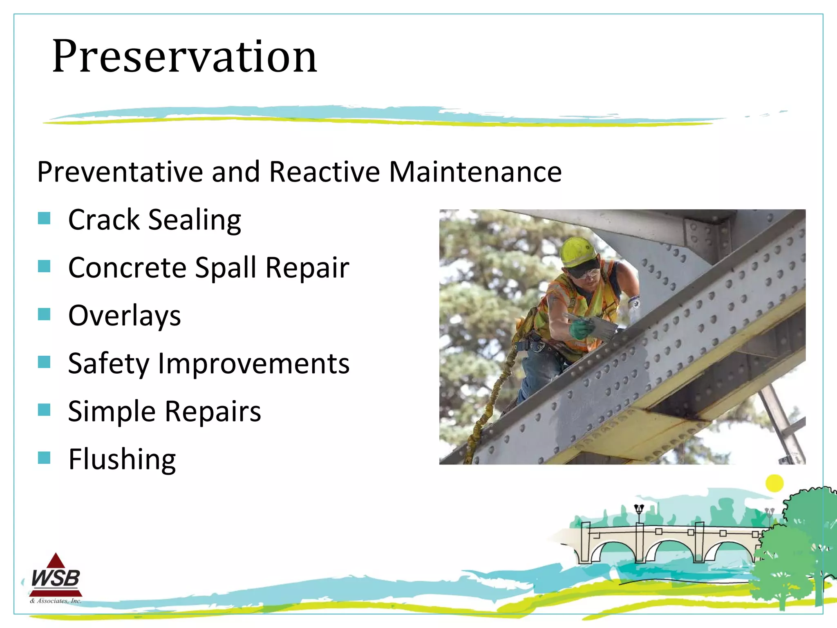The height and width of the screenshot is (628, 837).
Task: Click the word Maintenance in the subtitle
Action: click(475, 172)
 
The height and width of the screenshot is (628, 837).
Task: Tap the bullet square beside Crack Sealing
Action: click(44, 218)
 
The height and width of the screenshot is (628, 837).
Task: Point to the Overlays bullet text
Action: click(124, 316)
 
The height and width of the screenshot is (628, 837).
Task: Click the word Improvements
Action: click(253, 364)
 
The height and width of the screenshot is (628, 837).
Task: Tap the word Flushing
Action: click(122, 460)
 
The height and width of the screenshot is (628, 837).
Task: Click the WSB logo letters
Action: click(56, 579)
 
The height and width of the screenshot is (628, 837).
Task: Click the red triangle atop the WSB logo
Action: click(56, 561)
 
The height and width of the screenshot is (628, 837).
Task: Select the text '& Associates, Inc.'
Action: click(56, 601)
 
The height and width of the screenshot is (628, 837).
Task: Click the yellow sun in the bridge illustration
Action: click(774, 483)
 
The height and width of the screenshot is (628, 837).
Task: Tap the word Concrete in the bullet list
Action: click(127, 268)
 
